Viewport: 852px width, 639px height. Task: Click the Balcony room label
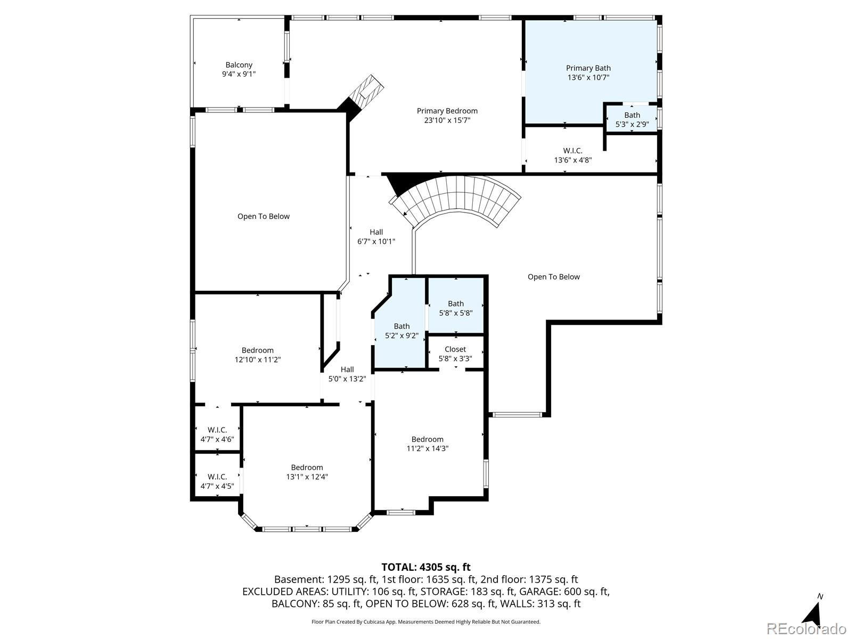point(239,65)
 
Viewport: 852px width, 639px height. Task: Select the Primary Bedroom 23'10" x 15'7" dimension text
point(447,120)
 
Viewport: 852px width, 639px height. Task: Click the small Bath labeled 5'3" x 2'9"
point(632,119)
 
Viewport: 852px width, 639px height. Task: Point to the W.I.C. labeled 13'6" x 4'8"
point(572,155)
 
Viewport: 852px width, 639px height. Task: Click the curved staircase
point(458,200)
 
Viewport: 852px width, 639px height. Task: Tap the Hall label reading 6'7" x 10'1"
point(376,236)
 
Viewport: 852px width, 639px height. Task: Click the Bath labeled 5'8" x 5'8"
point(455,308)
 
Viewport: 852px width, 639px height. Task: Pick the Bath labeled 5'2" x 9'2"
point(402,331)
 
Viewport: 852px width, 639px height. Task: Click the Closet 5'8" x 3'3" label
point(455,354)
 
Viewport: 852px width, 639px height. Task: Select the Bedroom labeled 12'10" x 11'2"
point(258,355)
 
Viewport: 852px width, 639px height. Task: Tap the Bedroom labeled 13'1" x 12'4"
point(307,472)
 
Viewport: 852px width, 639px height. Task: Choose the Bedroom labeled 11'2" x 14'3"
point(427,444)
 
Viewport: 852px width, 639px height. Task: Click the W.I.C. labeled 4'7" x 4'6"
point(217,434)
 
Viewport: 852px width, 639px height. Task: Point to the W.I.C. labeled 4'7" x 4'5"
point(217,481)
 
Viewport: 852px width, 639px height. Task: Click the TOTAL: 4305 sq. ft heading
point(425,567)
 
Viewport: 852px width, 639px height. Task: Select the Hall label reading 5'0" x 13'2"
point(347,374)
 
